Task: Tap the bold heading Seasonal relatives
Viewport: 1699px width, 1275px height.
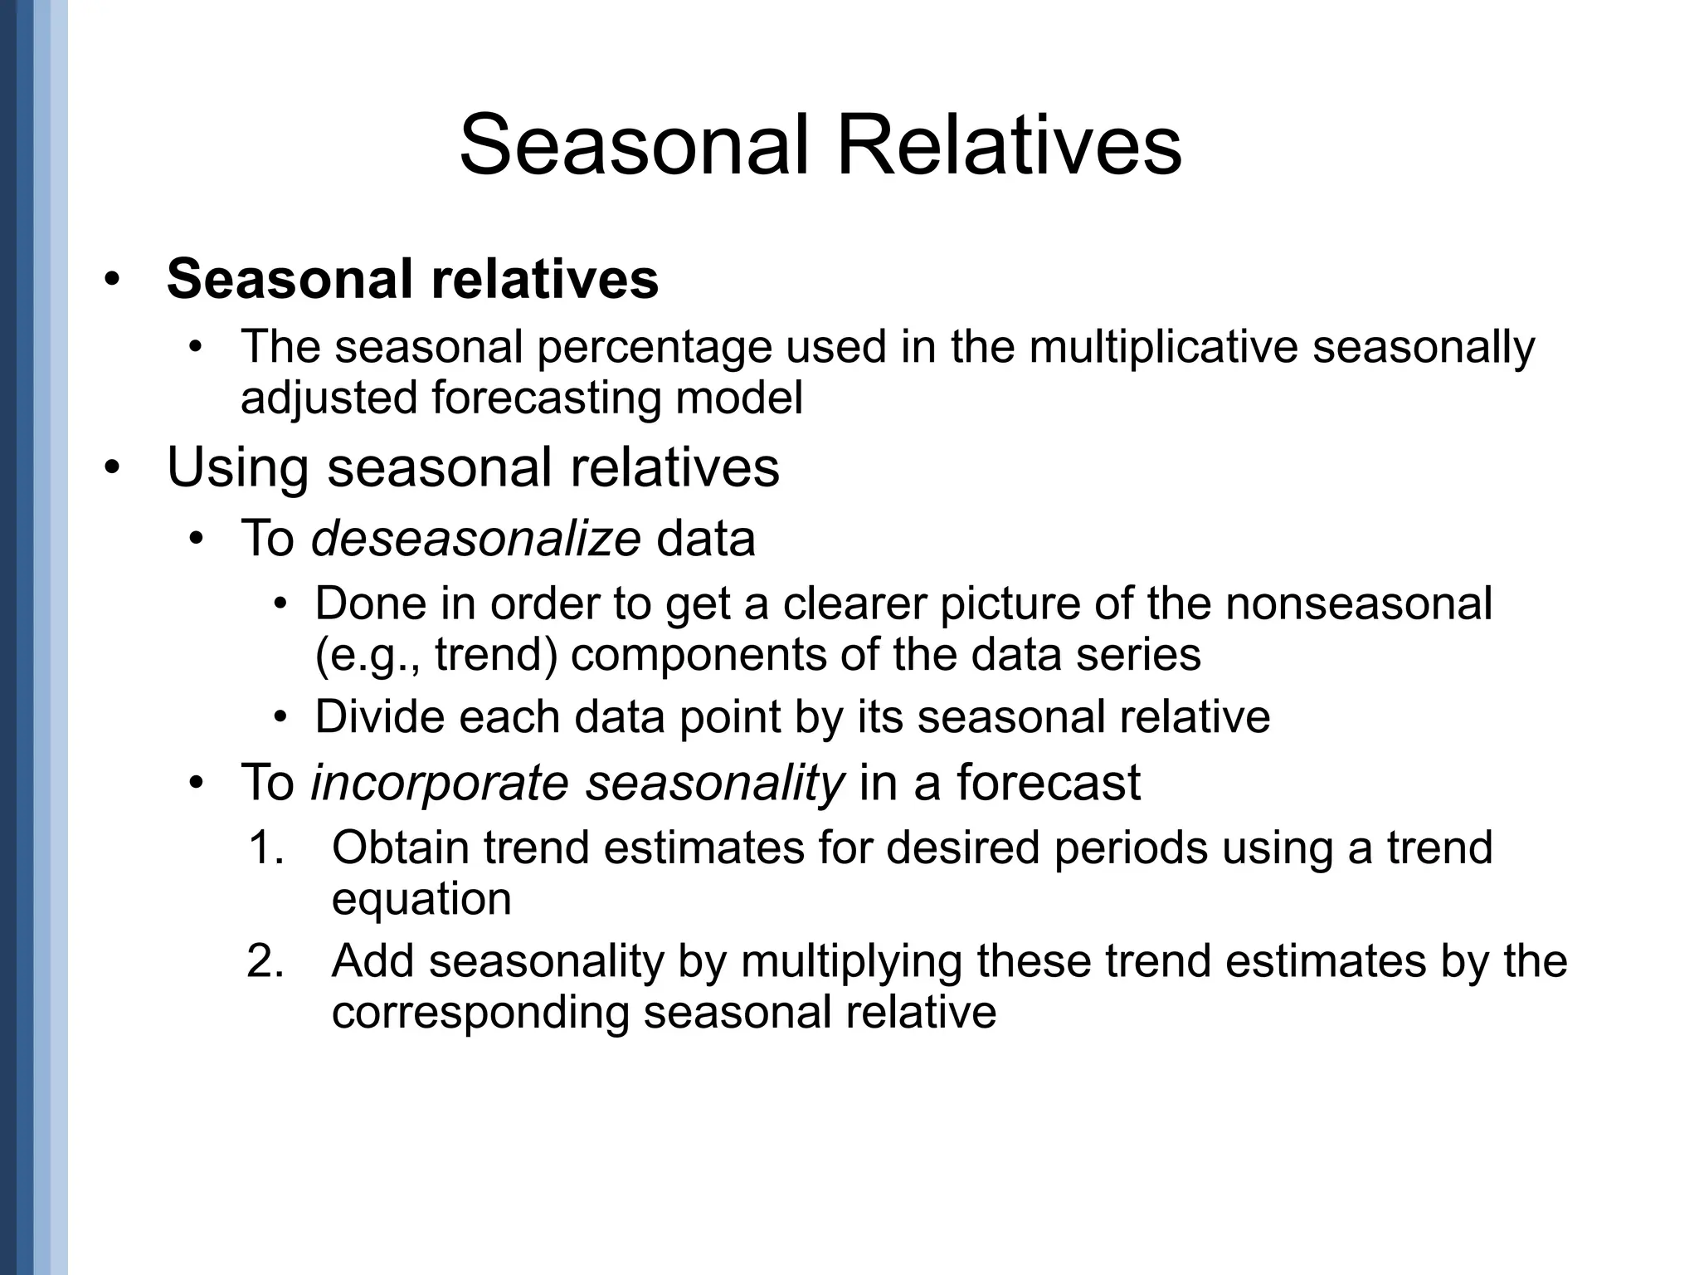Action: pyautogui.click(x=412, y=279)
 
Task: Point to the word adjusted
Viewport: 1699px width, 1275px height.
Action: pyautogui.click(x=329, y=398)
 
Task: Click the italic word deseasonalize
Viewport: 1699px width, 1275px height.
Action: pyautogui.click(x=475, y=539)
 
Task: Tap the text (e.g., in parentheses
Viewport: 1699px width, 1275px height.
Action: pyautogui.click(x=371, y=655)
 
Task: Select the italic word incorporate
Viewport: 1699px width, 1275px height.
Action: pyautogui.click(x=440, y=783)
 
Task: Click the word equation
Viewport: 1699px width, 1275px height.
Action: pyautogui.click(x=421, y=900)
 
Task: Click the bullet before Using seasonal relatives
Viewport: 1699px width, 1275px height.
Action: pyautogui.click(x=113, y=467)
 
